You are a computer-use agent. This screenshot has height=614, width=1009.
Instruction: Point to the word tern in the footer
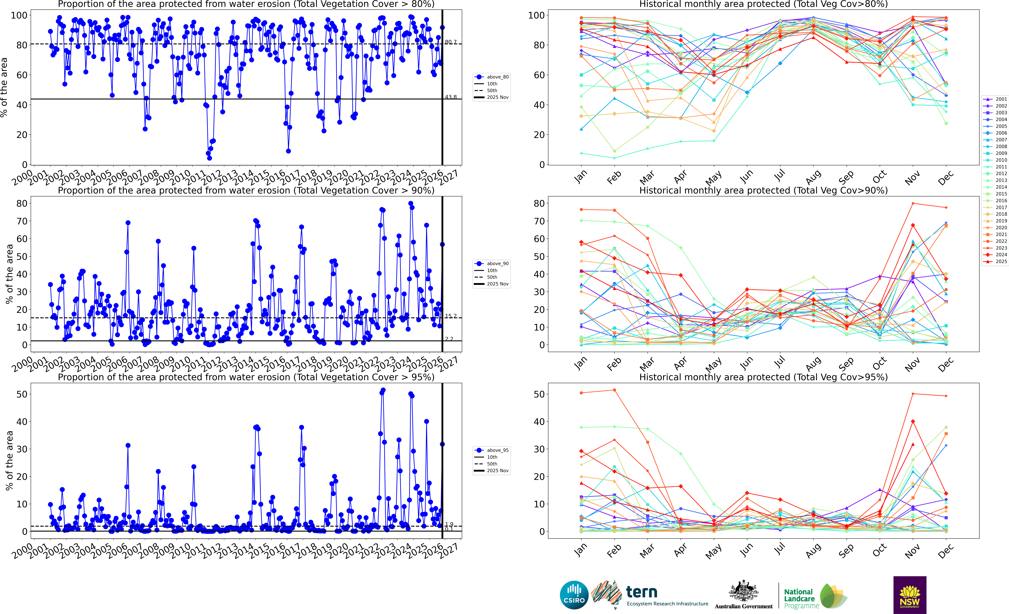point(642,592)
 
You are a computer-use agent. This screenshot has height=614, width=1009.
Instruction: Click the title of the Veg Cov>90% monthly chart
point(763,190)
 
